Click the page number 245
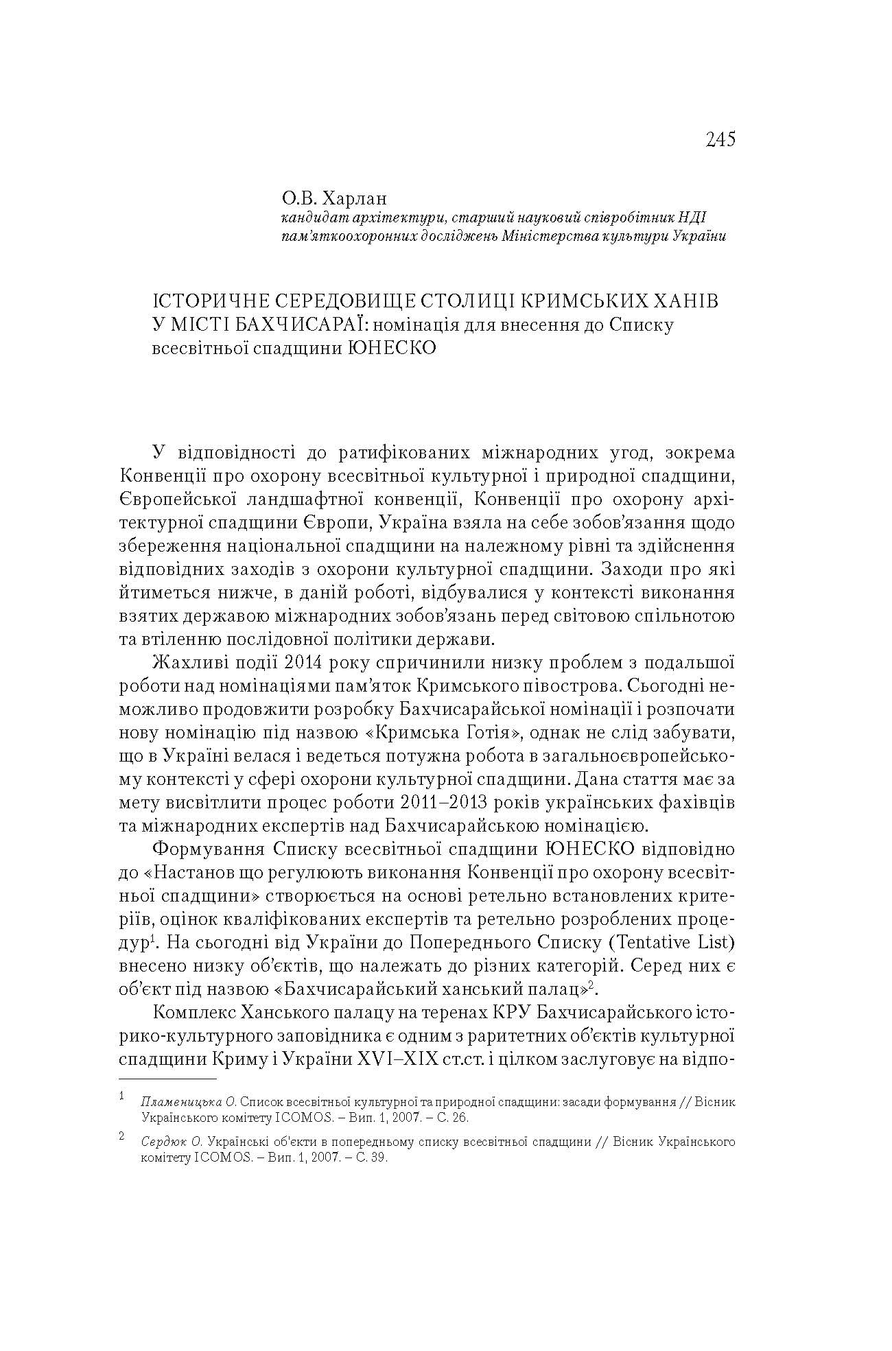720,139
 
